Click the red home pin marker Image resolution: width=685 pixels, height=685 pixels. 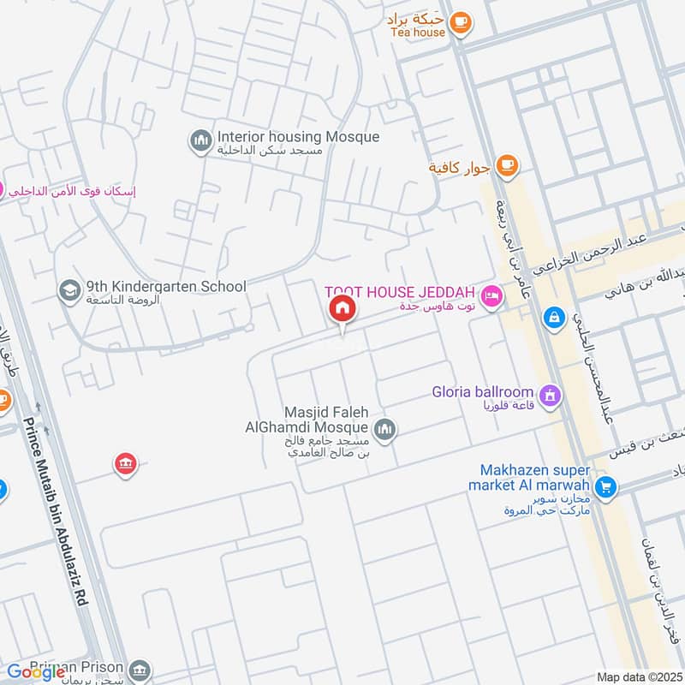[342, 309]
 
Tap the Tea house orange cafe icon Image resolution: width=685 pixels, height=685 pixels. [460, 21]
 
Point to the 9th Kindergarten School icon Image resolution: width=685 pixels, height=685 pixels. [67, 291]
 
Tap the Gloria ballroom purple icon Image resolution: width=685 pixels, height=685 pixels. [553, 396]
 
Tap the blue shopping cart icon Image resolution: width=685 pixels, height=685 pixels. [606, 487]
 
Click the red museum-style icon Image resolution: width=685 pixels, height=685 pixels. [126, 465]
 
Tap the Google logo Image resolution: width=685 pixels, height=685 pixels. [37, 672]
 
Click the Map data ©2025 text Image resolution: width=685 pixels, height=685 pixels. [637, 677]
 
